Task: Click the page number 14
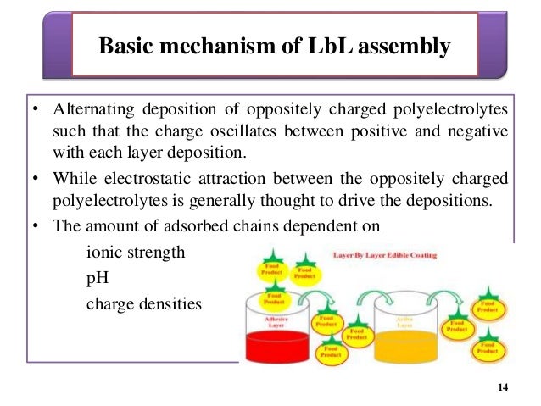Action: pyautogui.click(x=504, y=387)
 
